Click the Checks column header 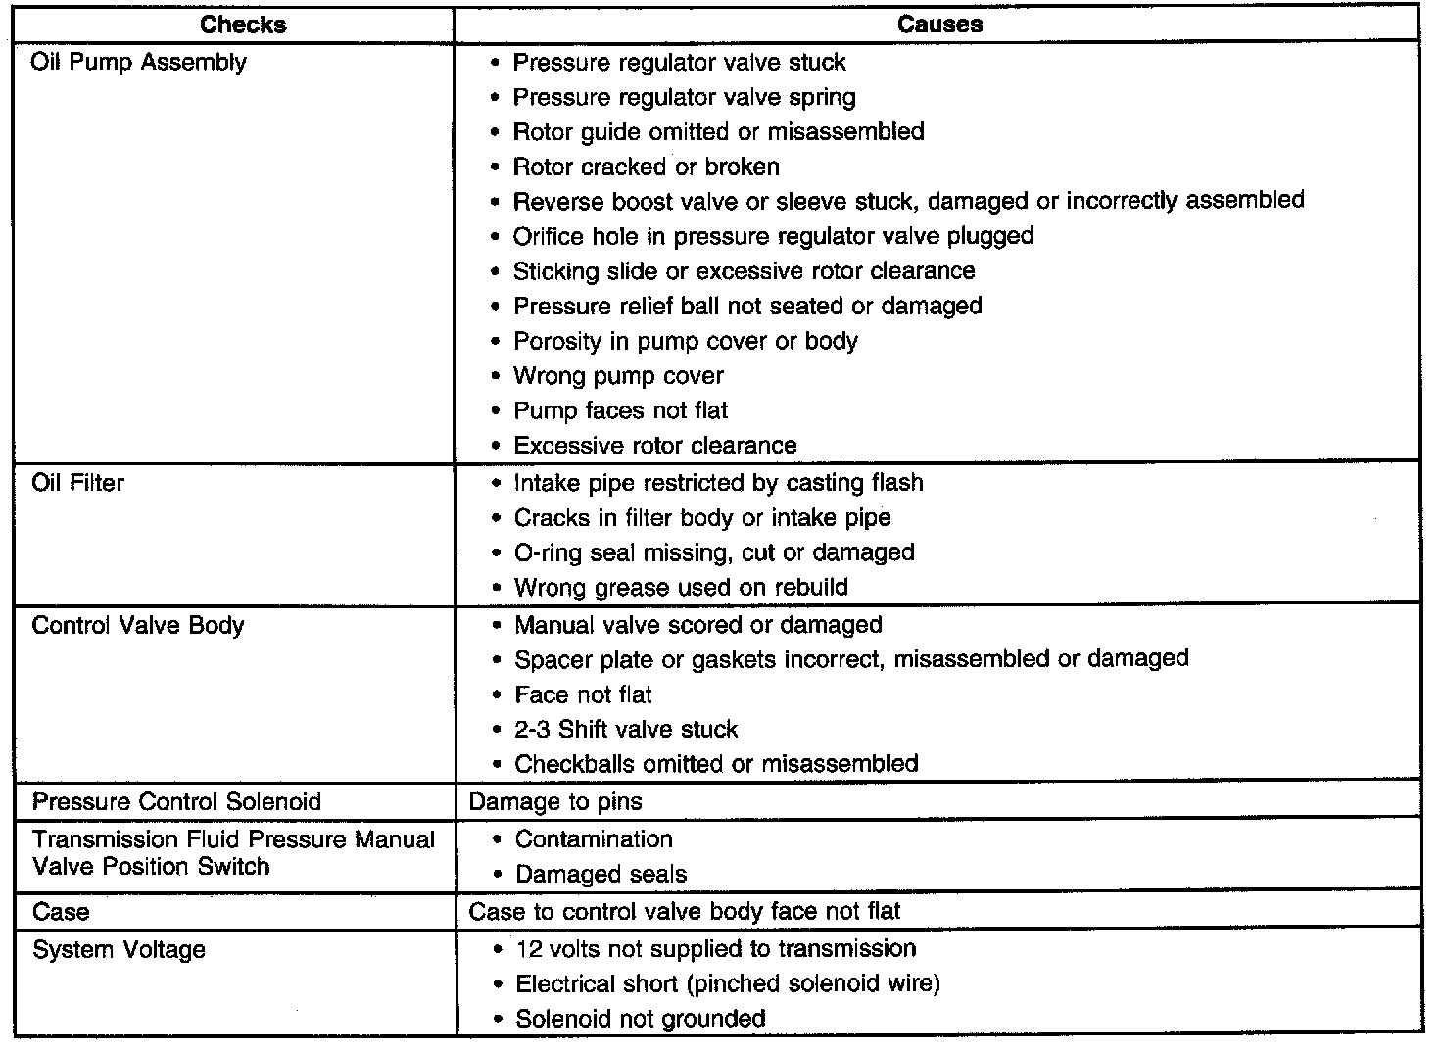coord(242,24)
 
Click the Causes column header coord(939,24)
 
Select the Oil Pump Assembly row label coord(139,63)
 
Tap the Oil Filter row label coord(78,483)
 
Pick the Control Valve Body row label coord(138,625)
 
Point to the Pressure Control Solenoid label coord(177,801)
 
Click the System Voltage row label coord(119,950)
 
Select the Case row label coord(61,912)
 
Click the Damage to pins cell coord(555,801)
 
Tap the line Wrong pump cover coord(618,376)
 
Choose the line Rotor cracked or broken coord(646,167)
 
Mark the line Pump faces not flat coord(620,410)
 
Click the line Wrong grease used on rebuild coord(681,588)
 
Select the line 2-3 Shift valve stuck coord(626,729)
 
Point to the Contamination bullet coord(594,839)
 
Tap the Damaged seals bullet coord(601,874)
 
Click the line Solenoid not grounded coord(640,1019)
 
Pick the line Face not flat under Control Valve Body coord(583,694)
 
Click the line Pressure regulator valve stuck coord(679,63)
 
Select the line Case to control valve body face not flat coord(685,912)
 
